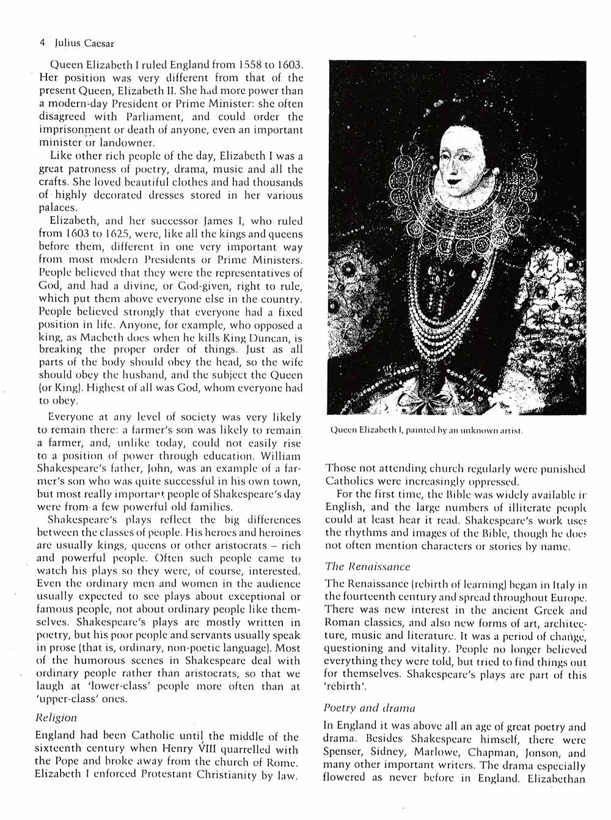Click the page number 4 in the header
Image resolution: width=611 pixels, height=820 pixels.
point(42,43)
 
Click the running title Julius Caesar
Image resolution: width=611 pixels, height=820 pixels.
point(84,43)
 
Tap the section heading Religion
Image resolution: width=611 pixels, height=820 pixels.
point(56,717)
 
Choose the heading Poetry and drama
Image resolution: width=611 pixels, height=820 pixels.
point(369,708)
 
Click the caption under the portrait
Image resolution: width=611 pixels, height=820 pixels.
point(426,430)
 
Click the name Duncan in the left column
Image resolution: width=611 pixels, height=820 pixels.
point(252,338)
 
